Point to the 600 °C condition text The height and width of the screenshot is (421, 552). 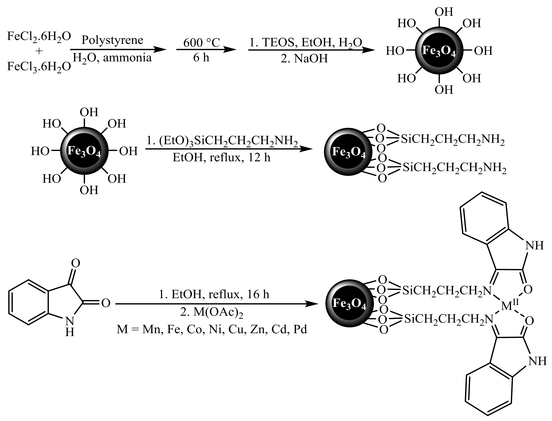click(x=201, y=43)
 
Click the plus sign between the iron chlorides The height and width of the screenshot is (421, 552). click(x=39, y=51)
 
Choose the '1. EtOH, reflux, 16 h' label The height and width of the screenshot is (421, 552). click(x=214, y=294)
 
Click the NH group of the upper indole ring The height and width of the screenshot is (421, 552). click(x=535, y=245)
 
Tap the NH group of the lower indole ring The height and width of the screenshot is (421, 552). click(x=537, y=361)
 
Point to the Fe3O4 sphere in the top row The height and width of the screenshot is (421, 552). click(x=439, y=51)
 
